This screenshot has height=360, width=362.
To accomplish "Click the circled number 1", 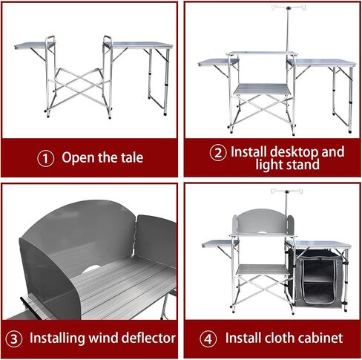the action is [x=46, y=158].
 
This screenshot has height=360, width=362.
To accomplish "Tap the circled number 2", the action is [x=218, y=153].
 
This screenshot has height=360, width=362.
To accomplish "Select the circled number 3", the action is [x=13, y=338].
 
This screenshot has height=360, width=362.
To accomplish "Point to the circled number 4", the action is [x=208, y=338].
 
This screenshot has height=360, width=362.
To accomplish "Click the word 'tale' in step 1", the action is [x=132, y=157].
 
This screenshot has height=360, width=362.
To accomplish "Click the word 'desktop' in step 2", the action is [x=294, y=152].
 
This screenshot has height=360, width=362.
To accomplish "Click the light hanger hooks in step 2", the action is [x=289, y=7].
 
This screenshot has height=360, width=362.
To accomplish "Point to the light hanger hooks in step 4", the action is [x=286, y=192].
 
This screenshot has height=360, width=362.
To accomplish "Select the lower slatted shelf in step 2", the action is [x=263, y=89].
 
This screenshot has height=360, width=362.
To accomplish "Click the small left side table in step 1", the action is [x=35, y=45].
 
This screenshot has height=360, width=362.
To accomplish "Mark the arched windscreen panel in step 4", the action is [x=263, y=221].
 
